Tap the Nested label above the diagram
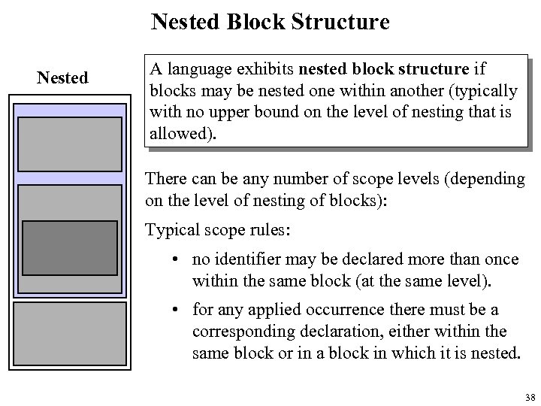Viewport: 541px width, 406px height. click(x=63, y=77)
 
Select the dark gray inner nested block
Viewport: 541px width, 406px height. click(x=68, y=247)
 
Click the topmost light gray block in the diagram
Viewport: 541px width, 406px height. click(x=69, y=144)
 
